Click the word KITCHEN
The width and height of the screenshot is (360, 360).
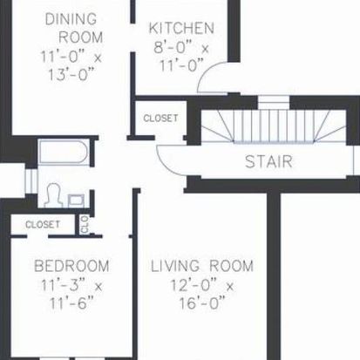(x=181, y=28)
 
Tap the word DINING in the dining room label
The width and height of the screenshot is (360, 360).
(x=71, y=19)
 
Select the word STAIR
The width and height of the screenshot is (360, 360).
(x=268, y=161)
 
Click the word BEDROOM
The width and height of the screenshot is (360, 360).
(x=71, y=266)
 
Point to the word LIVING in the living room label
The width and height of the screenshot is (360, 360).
(x=175, y=266)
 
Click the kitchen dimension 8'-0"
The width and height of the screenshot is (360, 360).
(x=170, y=48)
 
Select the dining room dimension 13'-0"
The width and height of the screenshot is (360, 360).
(x=71, y=74)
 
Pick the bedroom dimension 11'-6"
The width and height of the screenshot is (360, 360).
(x=71, y=303)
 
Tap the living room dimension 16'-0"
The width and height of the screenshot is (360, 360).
(x=202, y=303)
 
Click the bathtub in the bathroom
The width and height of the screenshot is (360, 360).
(x=64, y=152)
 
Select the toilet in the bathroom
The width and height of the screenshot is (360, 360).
(x=53, y=195)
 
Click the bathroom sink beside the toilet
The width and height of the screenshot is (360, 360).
(x=76, y=201)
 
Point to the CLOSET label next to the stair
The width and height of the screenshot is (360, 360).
(x=160, y=118)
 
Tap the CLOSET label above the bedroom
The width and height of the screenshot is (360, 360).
(x=43, y=224)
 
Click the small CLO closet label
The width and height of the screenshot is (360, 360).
(x=85, y=225)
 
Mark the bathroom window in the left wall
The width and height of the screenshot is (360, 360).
(x=31, y=180)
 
